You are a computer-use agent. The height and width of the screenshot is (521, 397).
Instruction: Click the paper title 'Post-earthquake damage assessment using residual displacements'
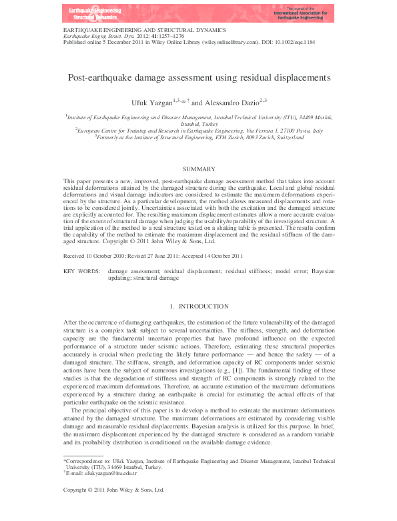pos(198,77)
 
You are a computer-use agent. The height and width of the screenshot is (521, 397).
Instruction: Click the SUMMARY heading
pos(198,169)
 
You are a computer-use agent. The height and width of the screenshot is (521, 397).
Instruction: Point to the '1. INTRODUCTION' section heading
pos(198,306)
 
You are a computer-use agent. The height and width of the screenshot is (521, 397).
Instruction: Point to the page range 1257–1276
pos(169,35)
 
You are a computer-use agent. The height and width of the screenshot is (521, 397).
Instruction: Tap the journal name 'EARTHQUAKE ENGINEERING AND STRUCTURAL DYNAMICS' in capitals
pos(143,30)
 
